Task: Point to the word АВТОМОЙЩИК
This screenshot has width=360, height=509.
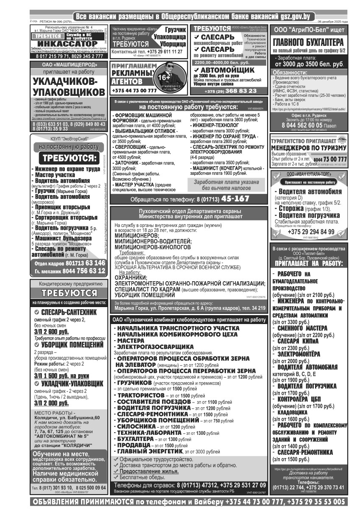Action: point(227,70)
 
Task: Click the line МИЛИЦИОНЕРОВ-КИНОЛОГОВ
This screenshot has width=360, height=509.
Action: point(151,246)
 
